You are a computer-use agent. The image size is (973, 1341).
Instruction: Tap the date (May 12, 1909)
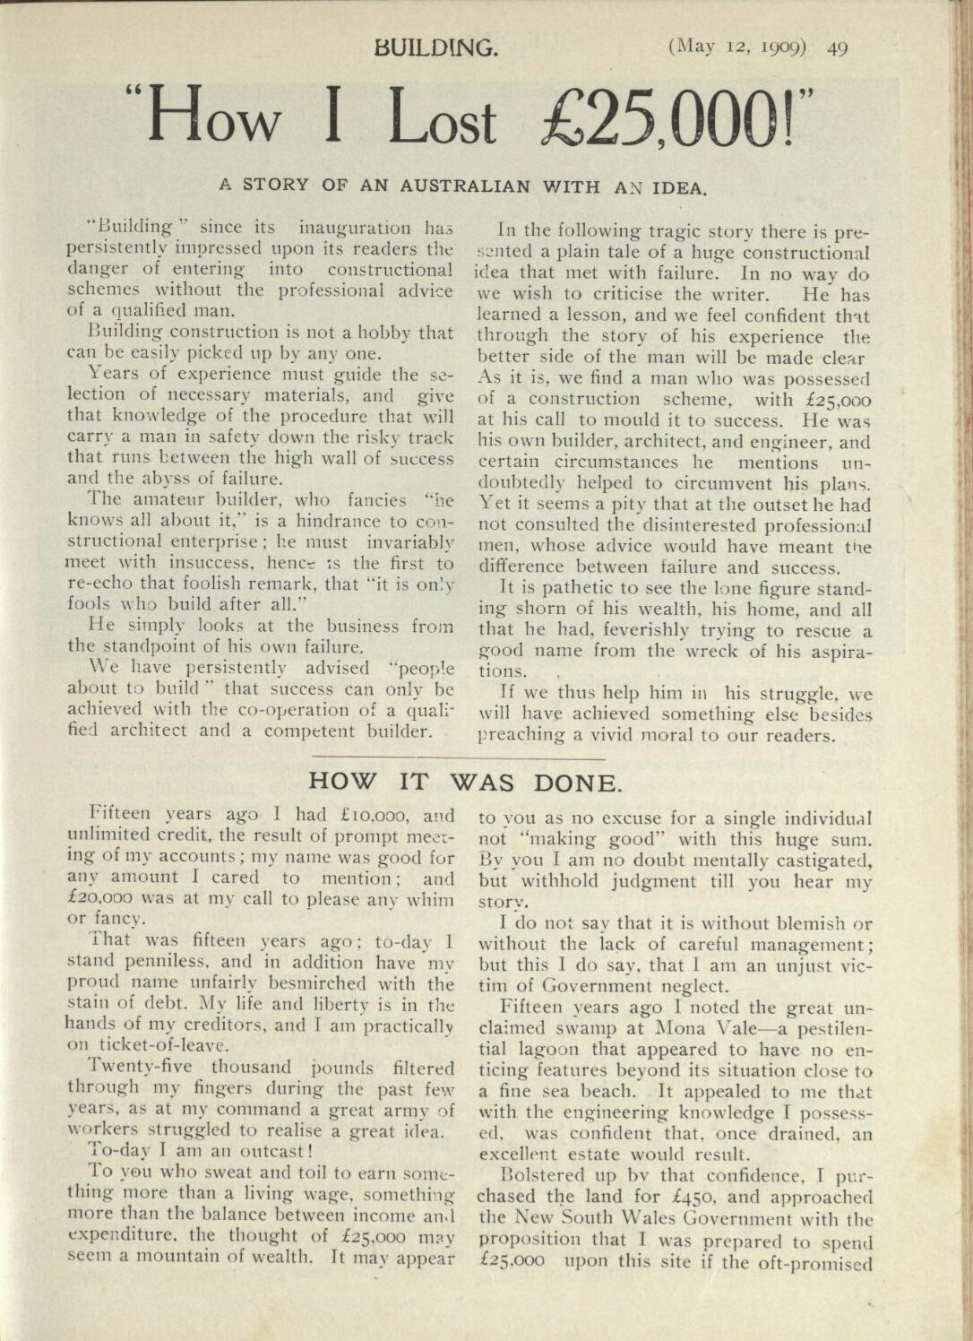click(736, 47)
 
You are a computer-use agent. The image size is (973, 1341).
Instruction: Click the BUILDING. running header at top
click(437, 47)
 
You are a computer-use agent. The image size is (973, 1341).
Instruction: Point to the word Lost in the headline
click(442, 121)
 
